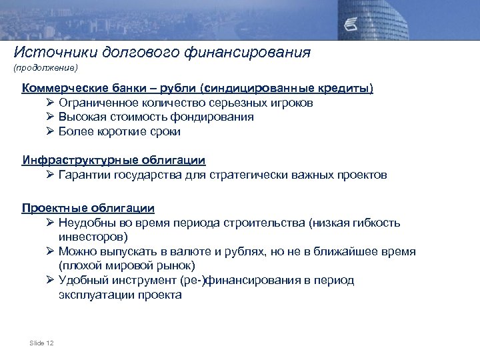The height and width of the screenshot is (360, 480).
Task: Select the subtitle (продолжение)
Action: click(x=45, y=68)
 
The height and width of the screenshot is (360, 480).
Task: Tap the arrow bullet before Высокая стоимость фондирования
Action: click(x=50, y=117)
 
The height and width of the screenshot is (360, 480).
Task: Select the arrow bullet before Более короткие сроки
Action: click(x=50, y=131)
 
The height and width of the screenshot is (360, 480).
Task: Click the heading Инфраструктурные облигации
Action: click(x=113, y=161)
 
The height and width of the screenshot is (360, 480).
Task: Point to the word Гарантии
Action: click(x=84, y=175)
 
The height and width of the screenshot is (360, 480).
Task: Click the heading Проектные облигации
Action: click(x=88, y=208)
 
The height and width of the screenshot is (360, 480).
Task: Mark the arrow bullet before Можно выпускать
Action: click(x=50, y=251)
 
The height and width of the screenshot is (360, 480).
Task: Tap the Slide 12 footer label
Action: click(x=41, y=343)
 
